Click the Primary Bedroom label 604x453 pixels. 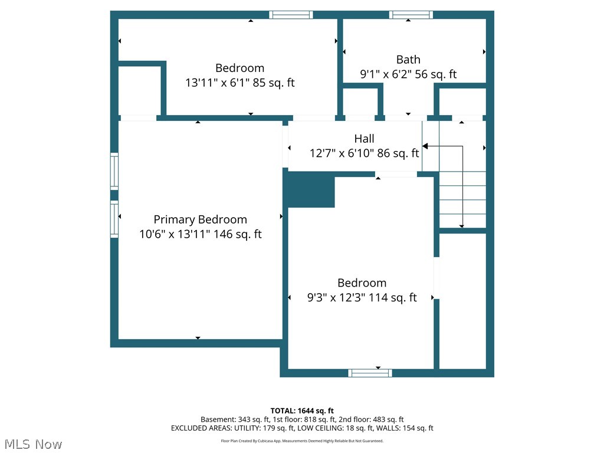[200, 219]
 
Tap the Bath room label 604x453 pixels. [408, 59]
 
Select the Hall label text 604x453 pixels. [364, 139]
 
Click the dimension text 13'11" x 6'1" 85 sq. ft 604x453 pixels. [239, 83]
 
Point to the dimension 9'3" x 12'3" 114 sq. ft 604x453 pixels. [362, 298]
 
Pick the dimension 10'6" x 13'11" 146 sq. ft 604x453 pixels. [200, 234]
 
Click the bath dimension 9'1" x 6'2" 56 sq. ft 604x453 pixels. [408, 74]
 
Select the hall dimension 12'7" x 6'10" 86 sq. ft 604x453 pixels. [364, 153]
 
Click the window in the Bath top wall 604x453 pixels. [411, 15]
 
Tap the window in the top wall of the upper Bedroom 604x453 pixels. [291, 15]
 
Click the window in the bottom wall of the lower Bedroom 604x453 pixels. [370, 373]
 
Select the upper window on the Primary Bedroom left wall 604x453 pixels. [114, 171]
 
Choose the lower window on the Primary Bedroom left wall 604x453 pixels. [114, 219]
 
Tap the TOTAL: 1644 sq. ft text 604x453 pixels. [302, 411]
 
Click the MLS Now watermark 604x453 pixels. [32, 444]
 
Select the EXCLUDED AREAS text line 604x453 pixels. [302, 428]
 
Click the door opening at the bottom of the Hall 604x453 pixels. [396, 175]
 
